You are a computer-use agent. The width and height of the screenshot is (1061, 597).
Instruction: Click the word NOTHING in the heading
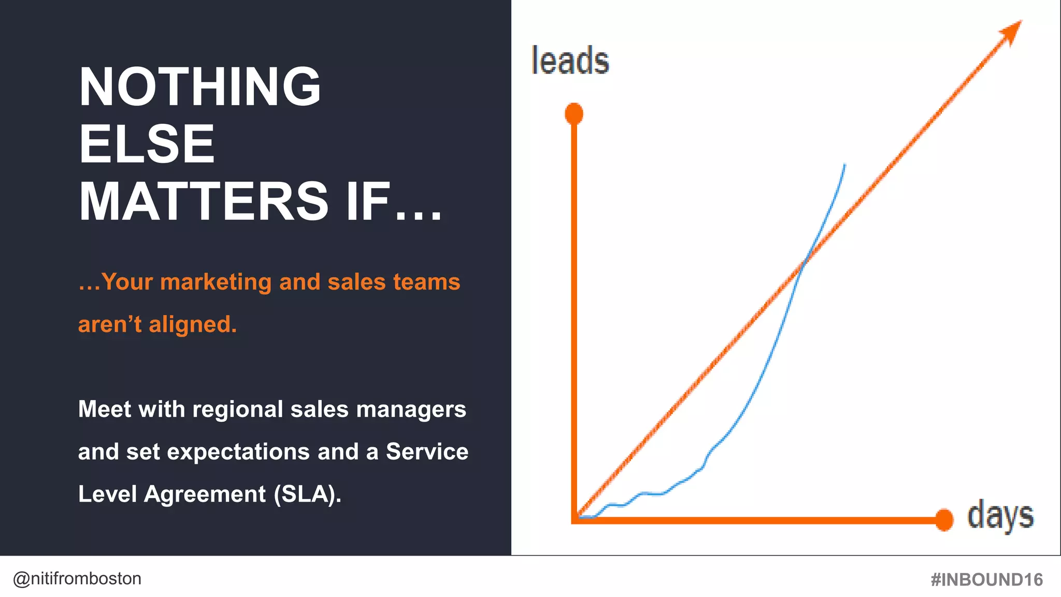pyautogui.click(x=200, y=87)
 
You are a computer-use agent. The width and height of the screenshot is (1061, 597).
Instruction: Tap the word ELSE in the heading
pyautogui.click(x=147, y=144)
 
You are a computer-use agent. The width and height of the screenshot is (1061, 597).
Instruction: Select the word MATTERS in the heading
pyautogui.click(x=204, y=201)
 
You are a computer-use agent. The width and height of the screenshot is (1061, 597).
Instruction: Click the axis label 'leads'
pyautogui.click(x=570, y=61)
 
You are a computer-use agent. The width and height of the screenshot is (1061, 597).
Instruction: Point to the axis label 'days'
pyautogui.click(x=1000, y=516)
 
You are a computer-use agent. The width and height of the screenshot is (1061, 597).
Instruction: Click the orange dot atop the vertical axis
pyautogui.click(x=574, y=113)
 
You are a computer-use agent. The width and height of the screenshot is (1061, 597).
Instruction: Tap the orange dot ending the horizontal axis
pyautogui.click(x=944, y=520)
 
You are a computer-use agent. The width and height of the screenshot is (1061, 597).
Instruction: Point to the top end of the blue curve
pyautogui.click(x=844, y=165)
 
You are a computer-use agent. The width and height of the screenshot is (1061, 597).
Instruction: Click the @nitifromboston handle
pyautogui.click(x=77, y=578)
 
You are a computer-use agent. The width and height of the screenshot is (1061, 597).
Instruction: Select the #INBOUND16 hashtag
pyautogui.click(x=986, y=579)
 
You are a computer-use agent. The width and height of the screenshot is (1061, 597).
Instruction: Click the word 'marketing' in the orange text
pyautogui.click(x=216, y=282)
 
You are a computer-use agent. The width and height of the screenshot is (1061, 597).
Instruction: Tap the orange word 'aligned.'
pyautogui.click(x=193, y=325)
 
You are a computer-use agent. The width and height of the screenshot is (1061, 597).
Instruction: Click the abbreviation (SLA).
pyautogui.click(x=308, y=494)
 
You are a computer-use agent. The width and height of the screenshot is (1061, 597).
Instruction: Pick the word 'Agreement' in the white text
pyautogui.click(x=205, y=494)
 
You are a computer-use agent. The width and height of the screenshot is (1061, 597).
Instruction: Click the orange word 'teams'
pyautogui.click(x=426, y=282)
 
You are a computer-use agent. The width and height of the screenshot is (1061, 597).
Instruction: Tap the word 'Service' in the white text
pyautogui.click(x=427, y=451)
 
